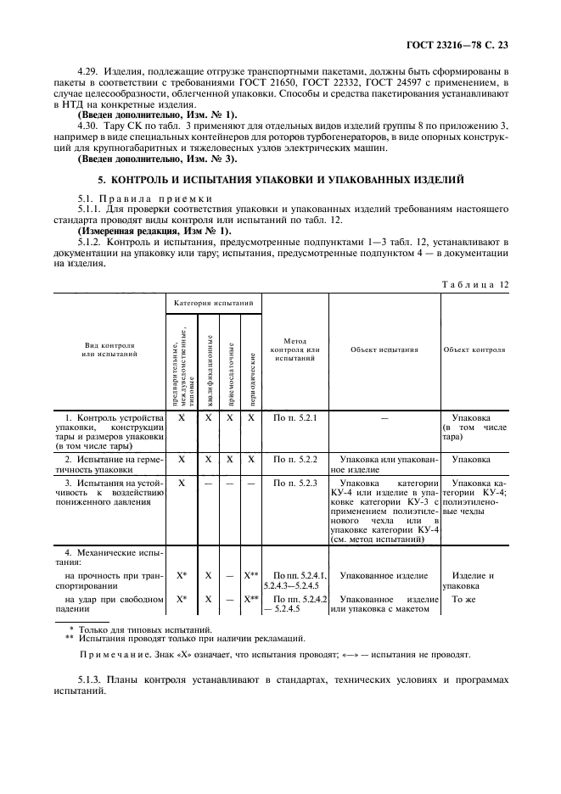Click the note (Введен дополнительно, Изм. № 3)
pyautogui.click(x=158, y=159)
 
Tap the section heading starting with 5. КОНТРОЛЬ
pyautogui.click(x=281, y=180)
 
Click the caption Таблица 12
pyautogui.click(x=475, y=284)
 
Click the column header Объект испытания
pyautogui.click(x=384, y=349)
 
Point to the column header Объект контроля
pyautogui.click(x=474, y=349)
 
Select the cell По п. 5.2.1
pyautogui.click(x=295, y=418)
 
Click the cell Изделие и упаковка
pyautogui.click(x=468, y=581)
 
